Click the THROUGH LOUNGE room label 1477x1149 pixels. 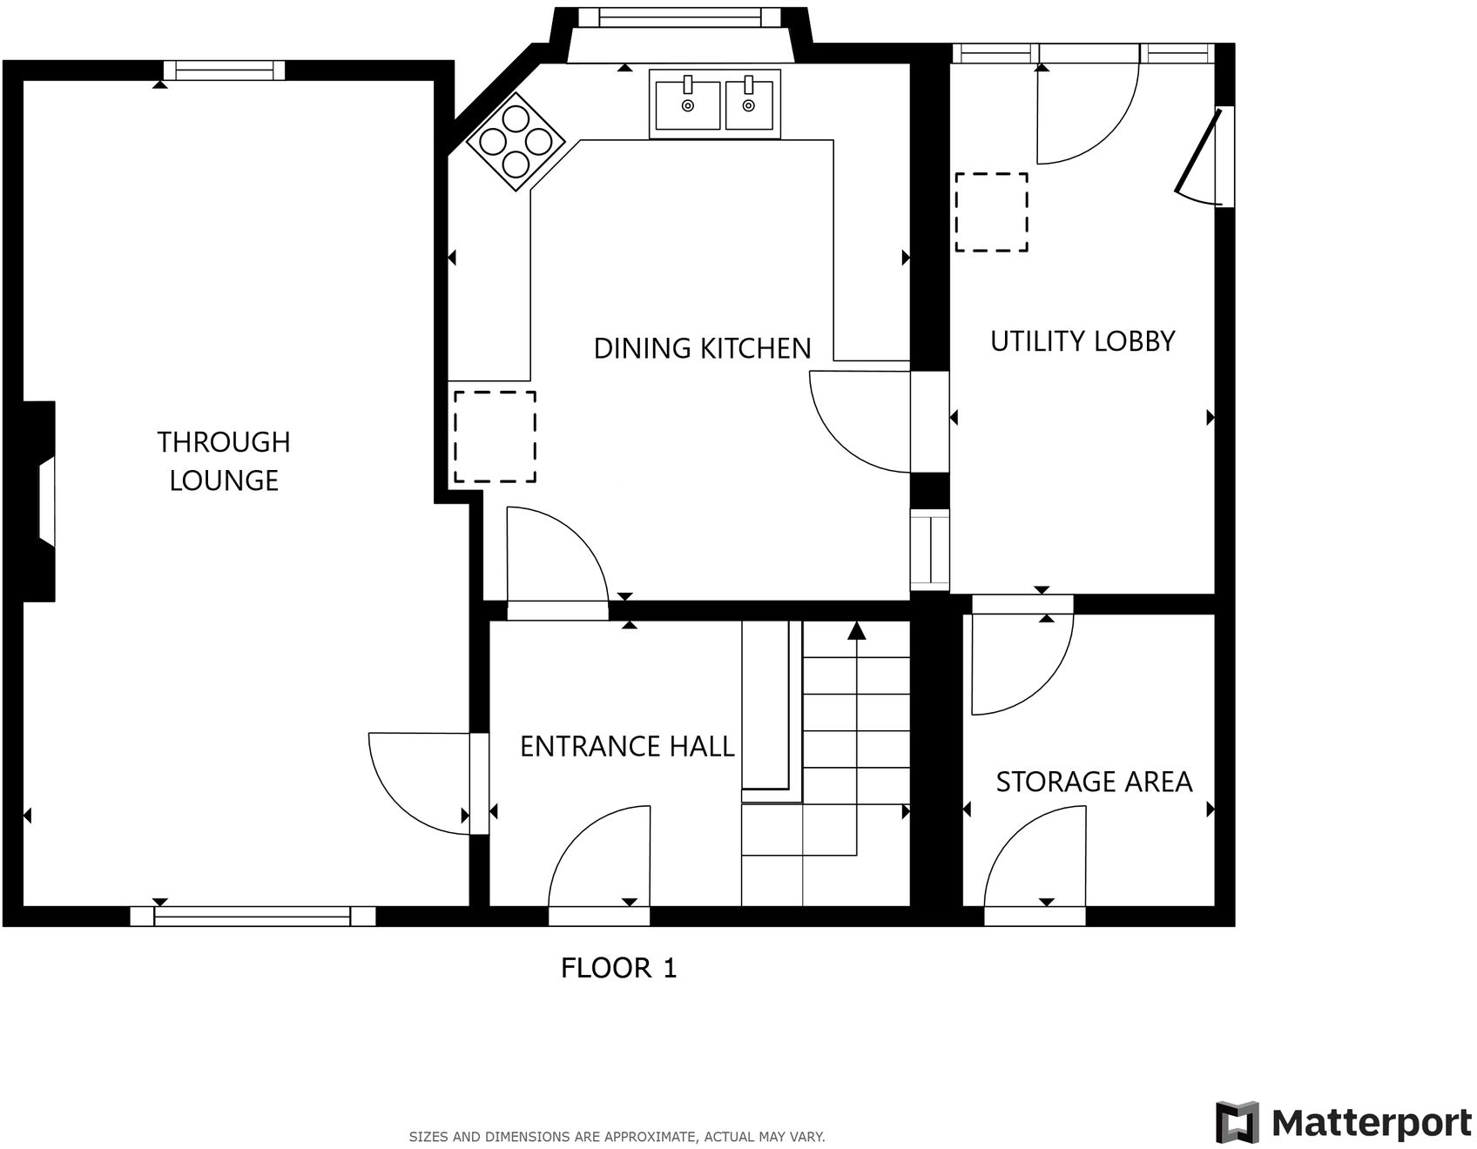[x=224, y=460]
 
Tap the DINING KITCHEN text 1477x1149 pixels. [x=702, y=348]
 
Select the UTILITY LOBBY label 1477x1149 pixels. [x=1082, y=341]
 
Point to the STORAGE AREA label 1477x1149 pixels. [x=1094, y=782]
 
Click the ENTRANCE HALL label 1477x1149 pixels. [x=627, y=746]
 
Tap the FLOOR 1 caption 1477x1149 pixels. [x=618, y=968]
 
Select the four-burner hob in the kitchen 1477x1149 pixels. [x=516, y=142]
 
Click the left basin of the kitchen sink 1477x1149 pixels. [x=688, y=105]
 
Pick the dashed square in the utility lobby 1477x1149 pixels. [x=992, y=212]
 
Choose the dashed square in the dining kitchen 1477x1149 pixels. [x=495, y=436]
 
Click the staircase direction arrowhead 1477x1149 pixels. [x=856, y=630]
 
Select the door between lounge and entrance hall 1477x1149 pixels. [x=418, y=783]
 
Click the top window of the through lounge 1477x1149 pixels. [x=225, y=71]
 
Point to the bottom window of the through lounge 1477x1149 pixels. [x=253, y=916]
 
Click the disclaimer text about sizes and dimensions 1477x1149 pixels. [x=617, y=1137]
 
